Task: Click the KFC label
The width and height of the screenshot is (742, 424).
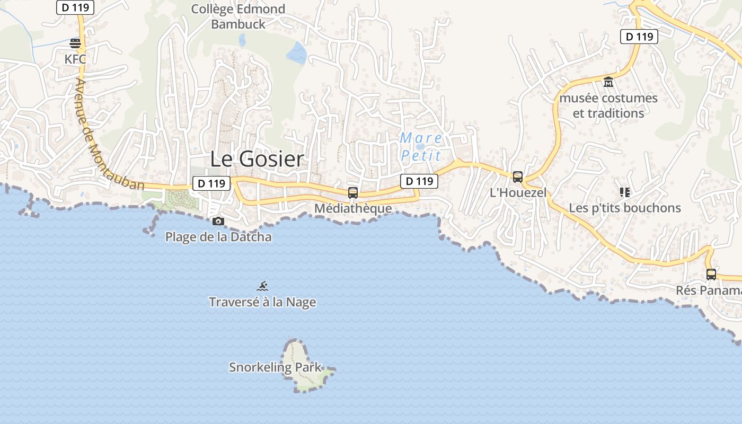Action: (x=75, y=59)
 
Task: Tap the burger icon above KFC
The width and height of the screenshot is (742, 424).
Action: (x=75, y=43)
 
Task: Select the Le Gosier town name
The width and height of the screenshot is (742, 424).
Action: (x=257, y=159)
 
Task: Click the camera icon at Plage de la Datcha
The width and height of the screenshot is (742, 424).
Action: (x=218, y=221)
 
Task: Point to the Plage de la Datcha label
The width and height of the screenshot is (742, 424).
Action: (x=218, y=237)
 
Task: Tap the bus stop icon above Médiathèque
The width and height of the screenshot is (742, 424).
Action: (x=353, y=193)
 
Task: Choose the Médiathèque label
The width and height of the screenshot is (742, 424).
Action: (x=353, y=208)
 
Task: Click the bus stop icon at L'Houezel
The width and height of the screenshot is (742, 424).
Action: (x=518, y=177)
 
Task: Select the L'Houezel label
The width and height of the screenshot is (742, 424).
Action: (x=518, y=192)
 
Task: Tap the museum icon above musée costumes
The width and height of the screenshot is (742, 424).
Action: (x=608, y=82)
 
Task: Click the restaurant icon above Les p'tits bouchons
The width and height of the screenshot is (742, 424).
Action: (x=624, y=192)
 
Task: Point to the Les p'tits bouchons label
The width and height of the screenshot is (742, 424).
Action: (x=624, y=207)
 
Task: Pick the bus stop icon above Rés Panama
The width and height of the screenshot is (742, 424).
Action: (x=711, y=275)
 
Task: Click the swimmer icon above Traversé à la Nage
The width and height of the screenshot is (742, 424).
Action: (x=262, y=287)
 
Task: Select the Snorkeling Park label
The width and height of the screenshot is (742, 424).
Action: (x=275, y=367)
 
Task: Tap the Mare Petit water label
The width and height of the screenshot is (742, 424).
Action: (x=421, y=147)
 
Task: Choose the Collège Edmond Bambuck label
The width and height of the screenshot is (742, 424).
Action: (x=238, y=16)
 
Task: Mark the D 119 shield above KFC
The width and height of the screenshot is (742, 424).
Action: (x=75, y=7)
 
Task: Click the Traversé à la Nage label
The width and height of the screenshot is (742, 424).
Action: (x=262, y=302)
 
